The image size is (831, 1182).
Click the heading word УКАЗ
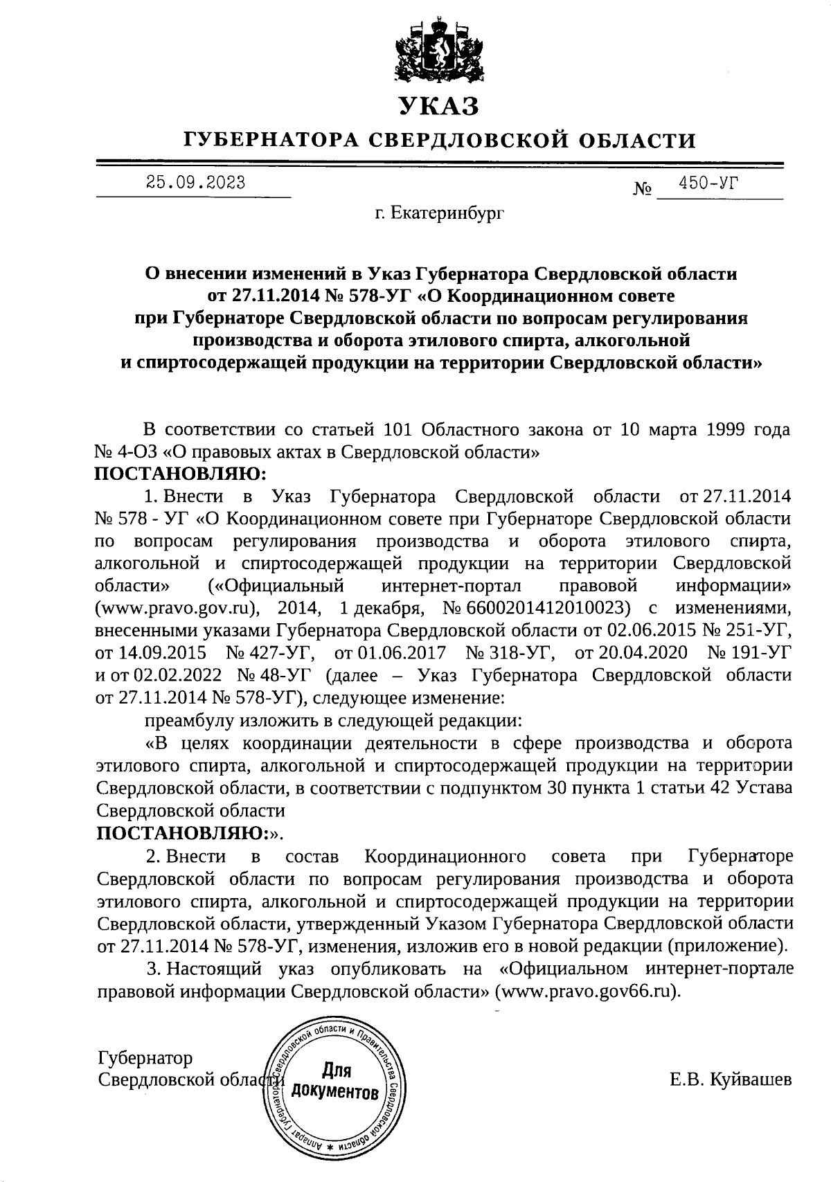coord(438,106)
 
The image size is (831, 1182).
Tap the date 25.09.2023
coord(195,183)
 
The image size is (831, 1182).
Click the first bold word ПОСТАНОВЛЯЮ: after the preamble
coord(180,474)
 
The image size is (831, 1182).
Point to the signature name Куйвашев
coord(751,1080)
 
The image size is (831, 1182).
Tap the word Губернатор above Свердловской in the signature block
coord(145,1058)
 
